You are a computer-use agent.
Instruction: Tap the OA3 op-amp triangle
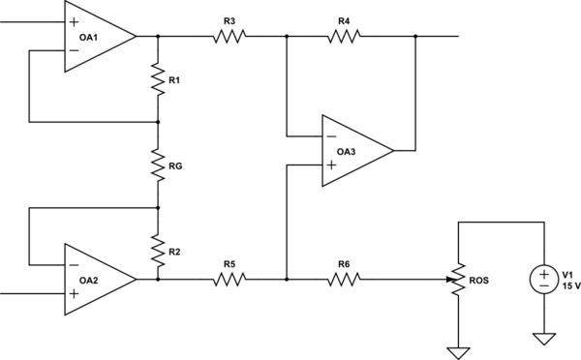pyautogui.click(x=353, y=150)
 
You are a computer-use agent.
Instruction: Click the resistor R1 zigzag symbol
pyautogui.click(x=158, y=79)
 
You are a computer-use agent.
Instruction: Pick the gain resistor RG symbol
pyautogui.click(x=158, y=165)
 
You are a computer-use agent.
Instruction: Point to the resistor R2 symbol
pyautogui.click(x=158, y=250)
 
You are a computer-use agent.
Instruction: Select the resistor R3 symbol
pyautogui.click(x=229, y=37)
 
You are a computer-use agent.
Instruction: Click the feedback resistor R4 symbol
pyautogui.click(x=344, y=37)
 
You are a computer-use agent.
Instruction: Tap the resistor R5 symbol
pyautogui.click(x=229, y=279)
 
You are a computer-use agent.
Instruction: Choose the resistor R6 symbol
pyautogui.click(x=344, y=279)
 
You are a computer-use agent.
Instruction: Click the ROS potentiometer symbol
pyautogui.click(x=458, y=280)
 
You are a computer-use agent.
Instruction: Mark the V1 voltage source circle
pyautogui.click(x=543, y=280)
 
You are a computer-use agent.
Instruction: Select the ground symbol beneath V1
pyautogui.click(x=543, y=340)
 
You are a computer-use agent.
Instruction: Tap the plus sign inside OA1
pyautogui.click(x=74, y=20)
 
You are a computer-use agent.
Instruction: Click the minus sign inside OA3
pyautogui.click(x=331, y=135)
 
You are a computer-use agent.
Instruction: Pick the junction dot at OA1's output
pyautogui.click(x=158, y=37)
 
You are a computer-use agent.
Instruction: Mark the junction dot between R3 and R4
pyautogui.click(x=287, y=37)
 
